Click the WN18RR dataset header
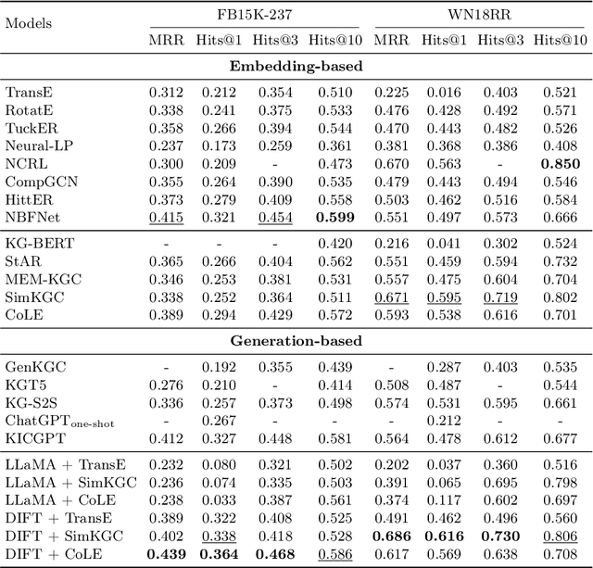(481, 16)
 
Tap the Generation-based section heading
(296, 341)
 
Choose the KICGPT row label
(33, 437)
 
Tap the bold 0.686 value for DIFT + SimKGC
(391, 536)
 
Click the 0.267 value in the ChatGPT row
(219, 420)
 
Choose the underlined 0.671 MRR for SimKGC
(391, 297)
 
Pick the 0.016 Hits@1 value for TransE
(445, 92)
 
